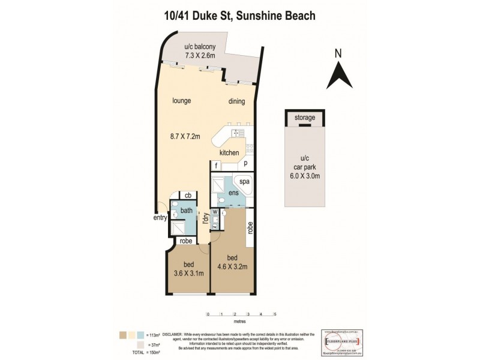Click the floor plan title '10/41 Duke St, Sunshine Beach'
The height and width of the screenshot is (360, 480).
tap(240, 17)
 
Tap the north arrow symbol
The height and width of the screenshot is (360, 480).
tap(338, 71)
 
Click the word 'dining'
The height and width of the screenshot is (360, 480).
tap(236, 101)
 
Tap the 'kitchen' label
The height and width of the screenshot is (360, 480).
tap(229, 153)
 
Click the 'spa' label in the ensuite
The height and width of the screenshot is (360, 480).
tap(245, 181)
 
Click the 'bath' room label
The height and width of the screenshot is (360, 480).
tap(187, 210)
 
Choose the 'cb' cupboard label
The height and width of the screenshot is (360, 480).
tap(188, 196)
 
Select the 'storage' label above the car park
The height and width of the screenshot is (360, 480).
tap(305, 118)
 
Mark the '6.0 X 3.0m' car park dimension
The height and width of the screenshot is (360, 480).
tap(305, 176)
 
